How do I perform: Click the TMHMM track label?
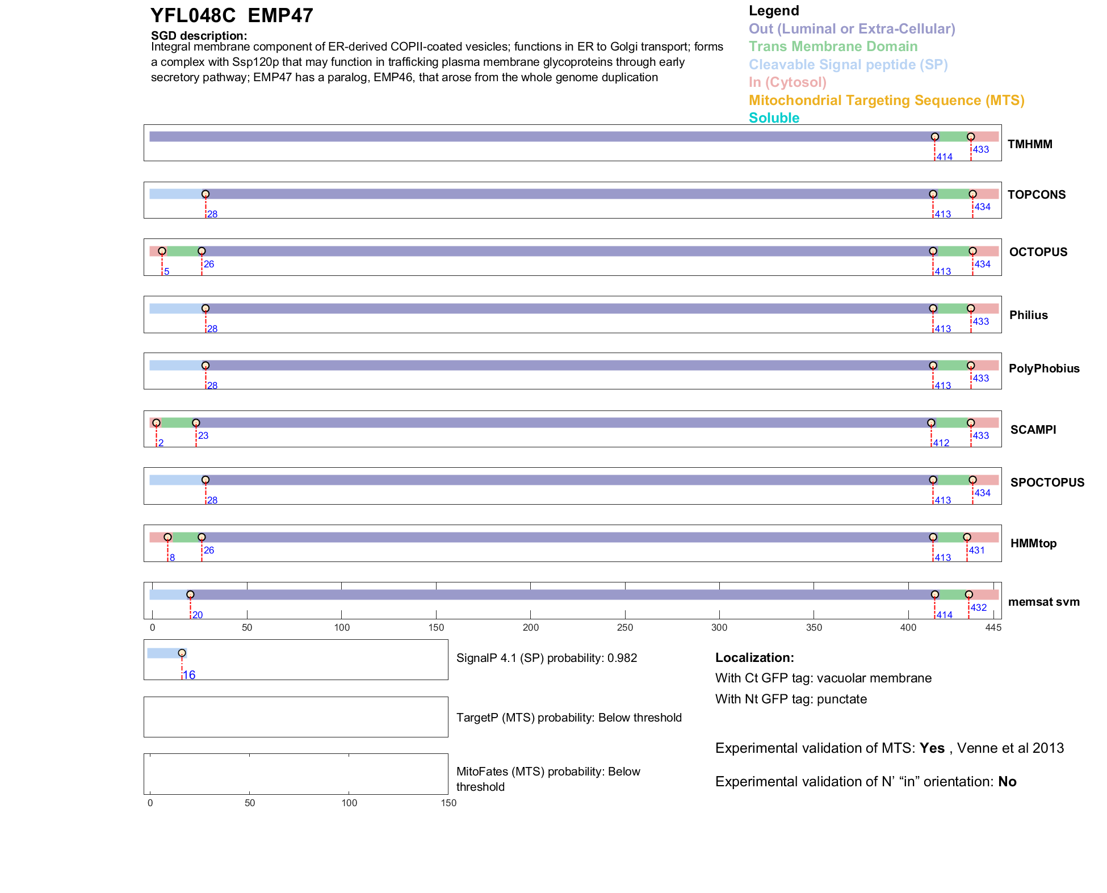1029,144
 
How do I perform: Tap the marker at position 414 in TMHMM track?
934,137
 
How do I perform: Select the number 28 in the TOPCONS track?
212,214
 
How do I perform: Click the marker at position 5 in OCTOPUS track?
162,251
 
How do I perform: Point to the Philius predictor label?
1028,315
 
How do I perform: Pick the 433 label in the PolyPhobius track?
980,378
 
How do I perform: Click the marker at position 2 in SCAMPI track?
156,423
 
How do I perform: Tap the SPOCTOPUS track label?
1047,483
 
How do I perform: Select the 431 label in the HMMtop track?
976,550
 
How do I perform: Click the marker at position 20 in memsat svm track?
190,594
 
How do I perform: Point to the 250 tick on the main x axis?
624,627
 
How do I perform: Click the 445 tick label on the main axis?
993,627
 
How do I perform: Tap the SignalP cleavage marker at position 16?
182,653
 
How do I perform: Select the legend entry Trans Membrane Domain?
833,47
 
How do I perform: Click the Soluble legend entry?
774,118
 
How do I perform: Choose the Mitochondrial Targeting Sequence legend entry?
886,100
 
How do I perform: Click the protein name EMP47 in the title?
280,16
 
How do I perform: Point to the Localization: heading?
754,657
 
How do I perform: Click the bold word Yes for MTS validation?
932,748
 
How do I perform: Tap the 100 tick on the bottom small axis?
349,803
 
